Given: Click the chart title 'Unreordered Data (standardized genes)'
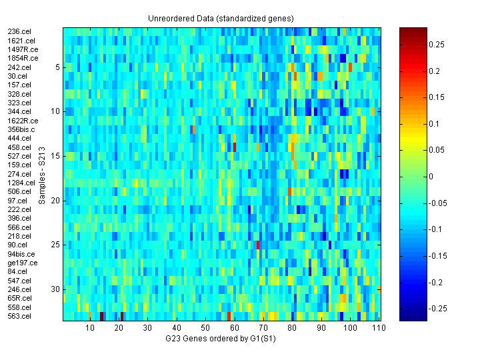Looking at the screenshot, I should [x=221, y=18].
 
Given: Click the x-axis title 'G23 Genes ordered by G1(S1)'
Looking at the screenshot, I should [x=221, y=339].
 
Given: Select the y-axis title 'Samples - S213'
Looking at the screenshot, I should [x=42, y=174].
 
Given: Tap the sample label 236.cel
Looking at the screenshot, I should [x=19, y=31].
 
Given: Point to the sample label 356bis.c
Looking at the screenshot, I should [x=23, y=129].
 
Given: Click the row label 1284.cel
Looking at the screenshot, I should [x=21, y=183].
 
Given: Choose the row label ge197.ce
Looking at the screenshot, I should [x=23, y=263].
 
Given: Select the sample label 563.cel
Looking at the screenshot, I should [x=19, y=316].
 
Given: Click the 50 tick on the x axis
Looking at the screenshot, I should [x=205, y=328].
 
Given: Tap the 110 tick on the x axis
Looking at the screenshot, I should [x=377, y=328].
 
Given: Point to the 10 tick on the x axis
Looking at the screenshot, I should [x=91, y=328].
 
